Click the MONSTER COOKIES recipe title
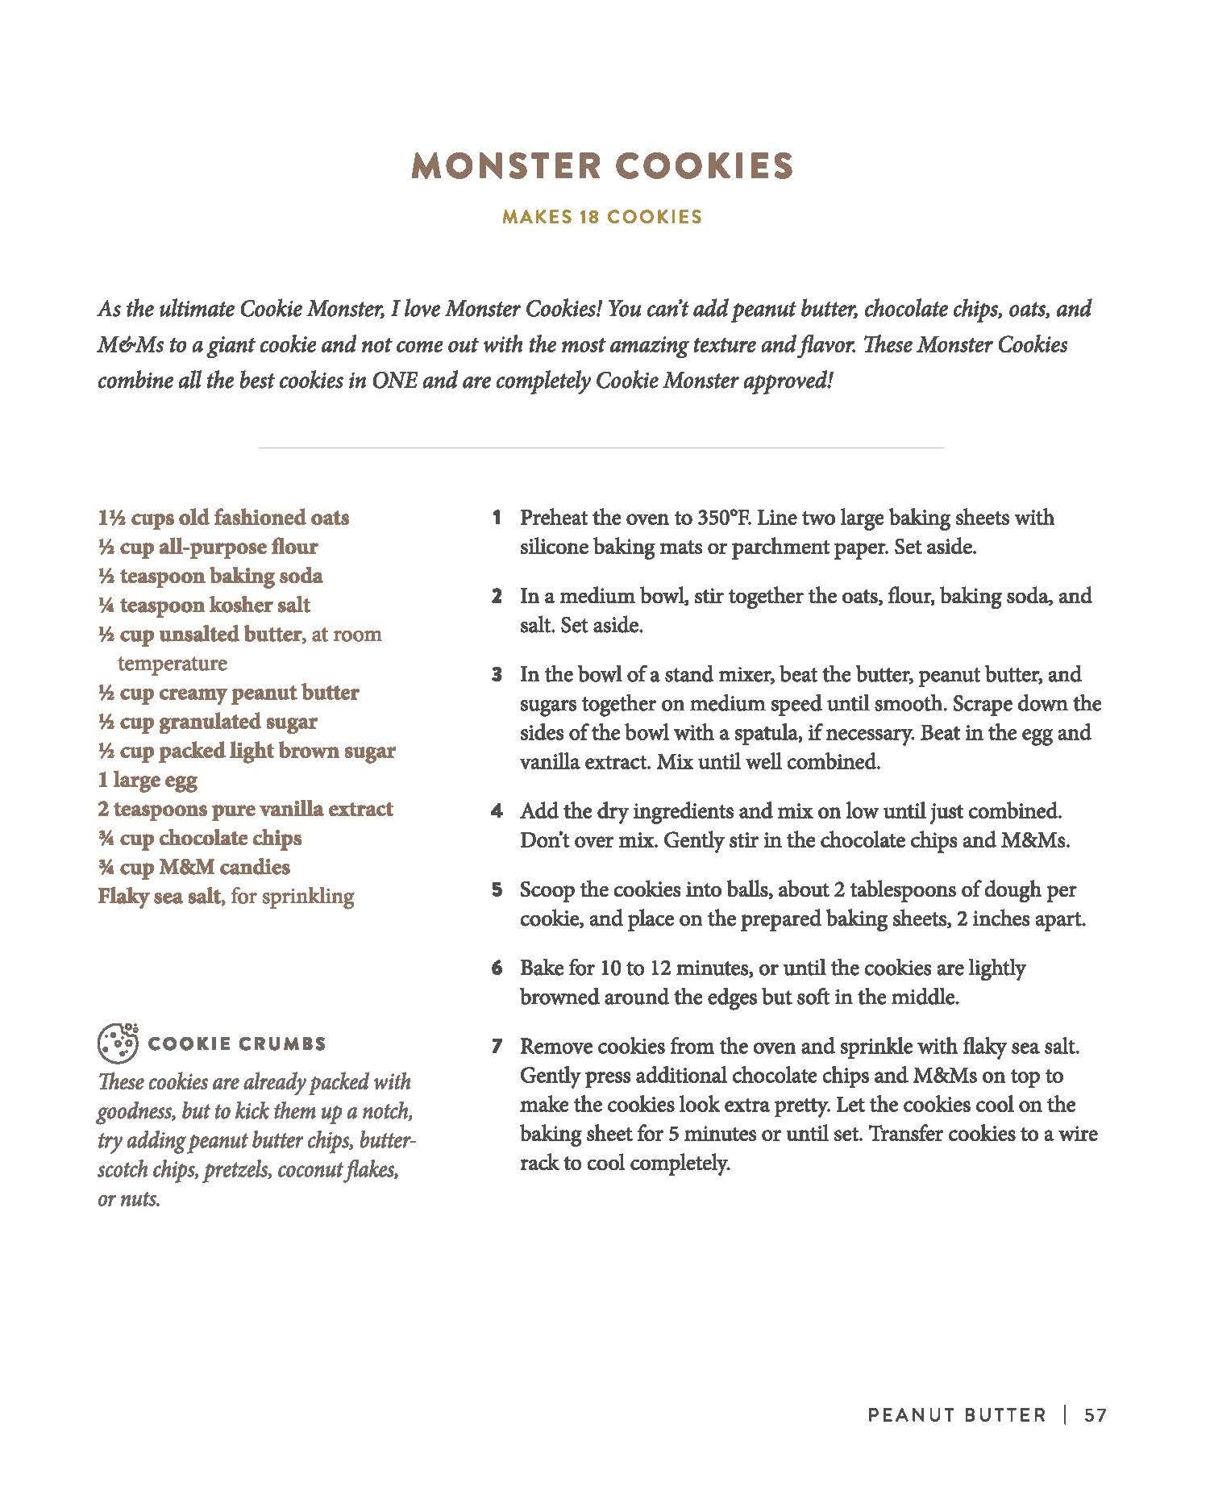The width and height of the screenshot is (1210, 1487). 602,166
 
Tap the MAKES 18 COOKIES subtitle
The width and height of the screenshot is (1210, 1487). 602,217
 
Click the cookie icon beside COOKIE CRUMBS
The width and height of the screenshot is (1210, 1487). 118,1042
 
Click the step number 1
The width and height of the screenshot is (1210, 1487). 497,518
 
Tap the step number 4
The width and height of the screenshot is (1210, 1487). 497,811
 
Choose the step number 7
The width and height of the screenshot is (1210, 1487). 497,1047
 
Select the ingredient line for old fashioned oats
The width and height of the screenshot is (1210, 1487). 223,518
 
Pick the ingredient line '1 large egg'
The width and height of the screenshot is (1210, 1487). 148,780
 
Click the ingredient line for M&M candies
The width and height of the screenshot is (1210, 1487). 193,867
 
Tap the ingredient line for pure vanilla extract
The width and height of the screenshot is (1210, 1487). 245,809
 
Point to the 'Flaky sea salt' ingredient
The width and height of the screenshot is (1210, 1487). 159,896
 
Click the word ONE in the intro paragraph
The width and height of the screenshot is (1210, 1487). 394,381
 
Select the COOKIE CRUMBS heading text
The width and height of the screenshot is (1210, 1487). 237,1043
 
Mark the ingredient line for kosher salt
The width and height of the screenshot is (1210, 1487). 204,605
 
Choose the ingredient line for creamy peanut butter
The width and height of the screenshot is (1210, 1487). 228,692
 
